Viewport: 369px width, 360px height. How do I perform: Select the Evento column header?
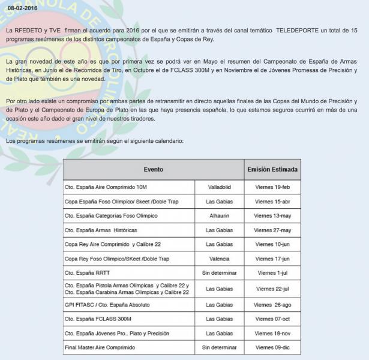point(153,170)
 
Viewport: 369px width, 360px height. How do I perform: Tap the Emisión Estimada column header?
point(272,170)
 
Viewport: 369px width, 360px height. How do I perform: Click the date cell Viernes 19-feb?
point(272,187)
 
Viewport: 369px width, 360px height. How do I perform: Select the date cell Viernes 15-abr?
point(272,202)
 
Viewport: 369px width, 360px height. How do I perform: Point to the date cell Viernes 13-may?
point(272,215)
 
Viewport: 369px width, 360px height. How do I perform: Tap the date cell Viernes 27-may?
point(272,230)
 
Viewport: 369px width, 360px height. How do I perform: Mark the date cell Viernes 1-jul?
point(272,273)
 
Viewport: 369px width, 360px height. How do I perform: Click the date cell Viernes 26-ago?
point(272,305)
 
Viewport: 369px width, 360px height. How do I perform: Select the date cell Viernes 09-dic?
point(272,347)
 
